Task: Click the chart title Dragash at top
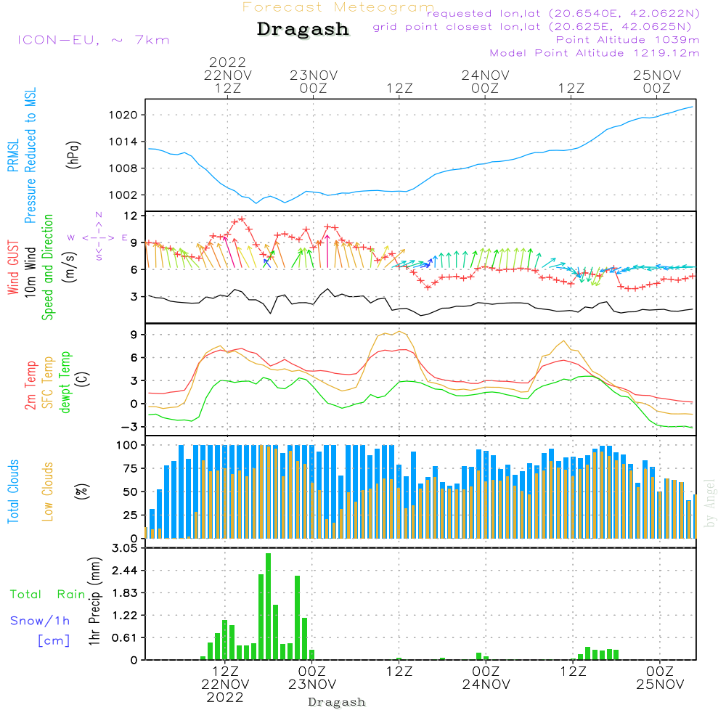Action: [303, 29]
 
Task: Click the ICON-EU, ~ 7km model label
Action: [93, 40]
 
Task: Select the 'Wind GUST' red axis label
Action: [13, 269]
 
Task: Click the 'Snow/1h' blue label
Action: [41, 621]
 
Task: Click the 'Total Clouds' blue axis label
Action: [13, 492]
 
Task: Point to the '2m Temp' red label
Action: [30, 385]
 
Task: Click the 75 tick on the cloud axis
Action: [129, 468]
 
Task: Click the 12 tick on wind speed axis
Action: [131, 216]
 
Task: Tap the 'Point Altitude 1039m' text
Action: [627, 40]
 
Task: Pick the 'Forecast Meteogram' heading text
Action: [338, 7]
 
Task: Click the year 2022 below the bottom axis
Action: [226, 697]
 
